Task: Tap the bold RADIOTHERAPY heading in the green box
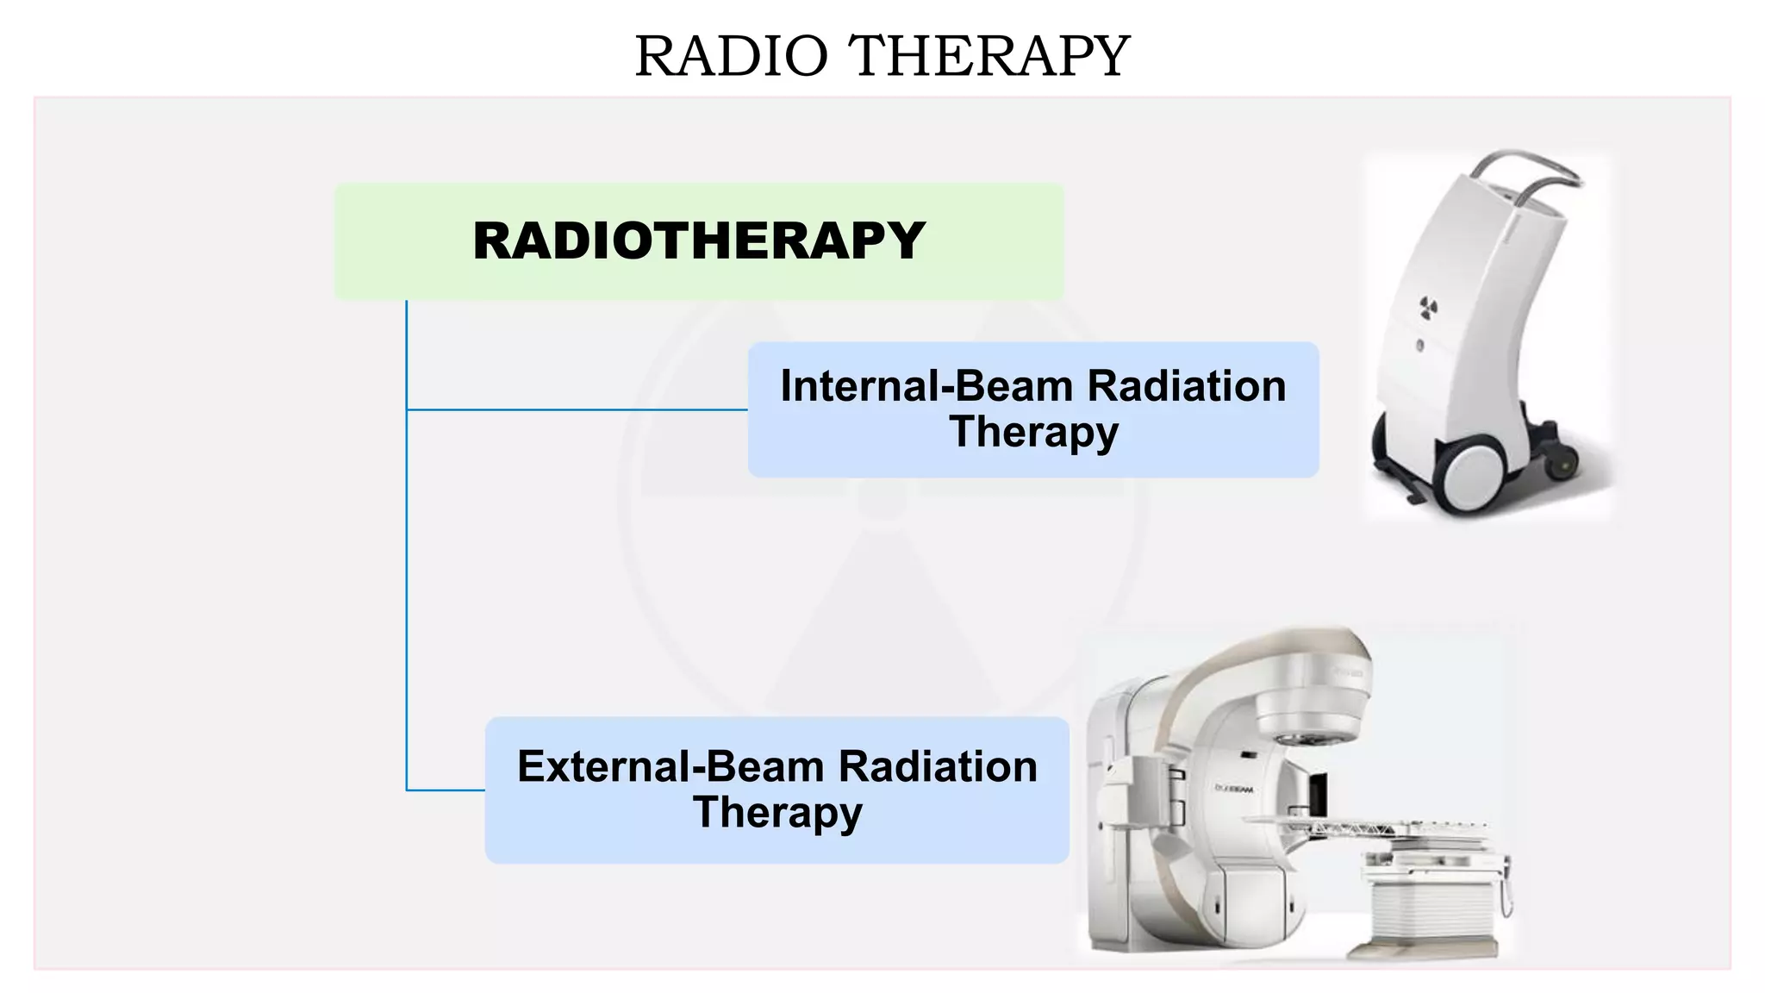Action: (699, 240)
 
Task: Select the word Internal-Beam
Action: (926, 386)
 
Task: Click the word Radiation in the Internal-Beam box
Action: (1187, 386)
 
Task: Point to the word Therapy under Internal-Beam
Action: (1033, 431)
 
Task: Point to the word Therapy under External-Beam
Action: (777, 812)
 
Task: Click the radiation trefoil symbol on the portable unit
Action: (1428, 307)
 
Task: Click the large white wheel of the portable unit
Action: (1469, 477)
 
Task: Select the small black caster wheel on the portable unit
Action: (1562, 465)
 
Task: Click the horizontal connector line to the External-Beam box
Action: (446, 790)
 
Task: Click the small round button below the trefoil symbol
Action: (1419, 346)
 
